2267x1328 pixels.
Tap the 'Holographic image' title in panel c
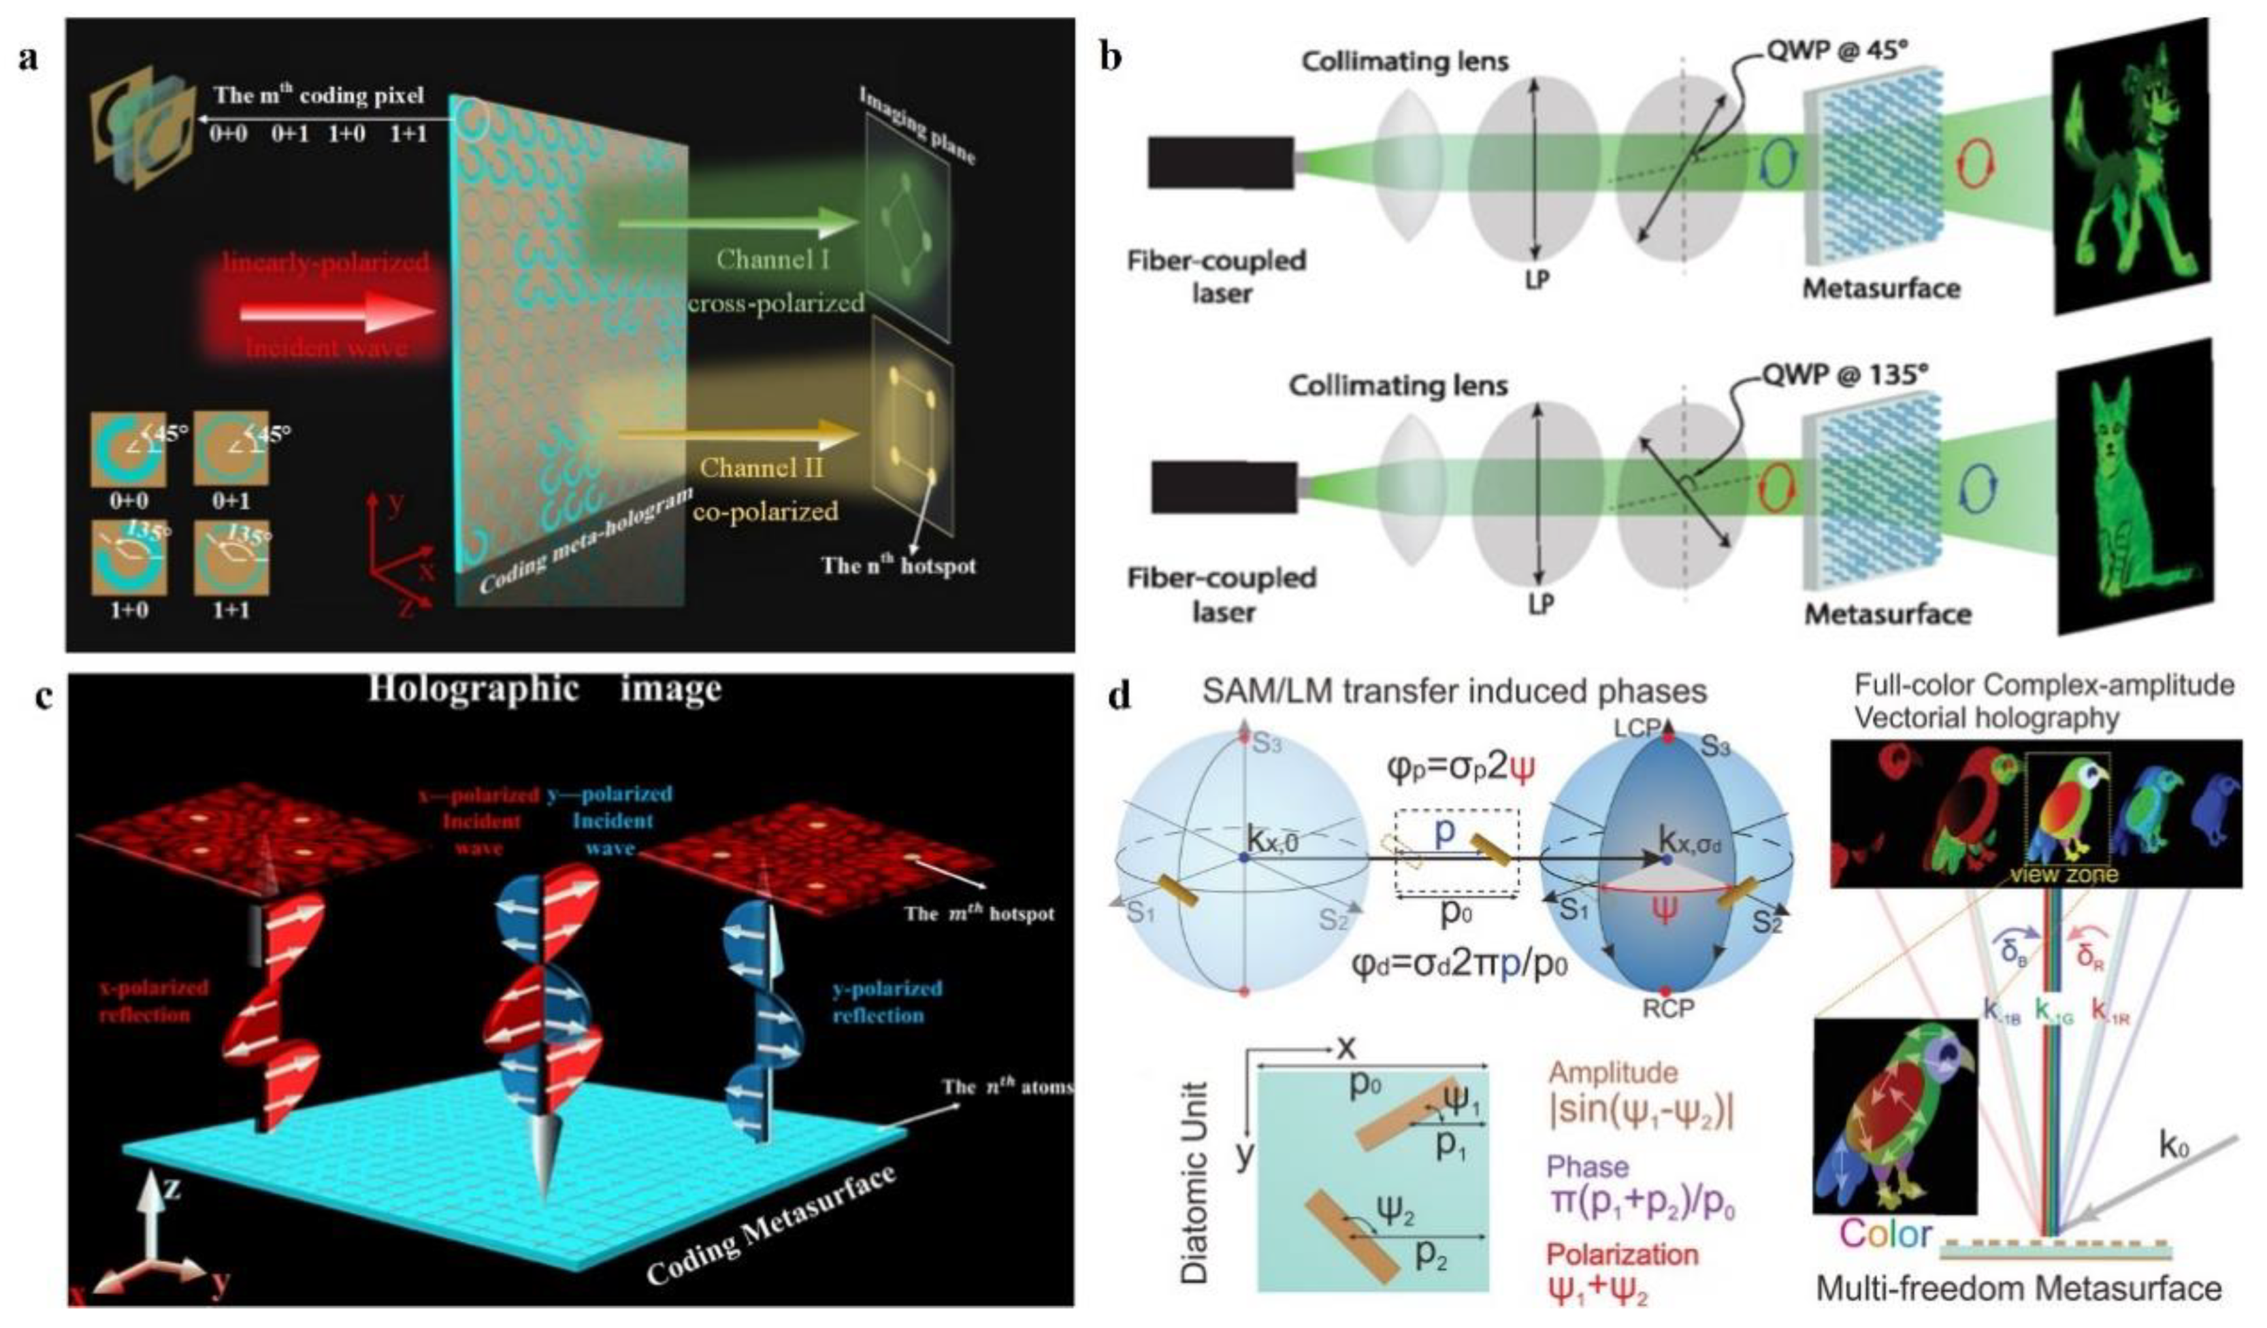tap(544, 691)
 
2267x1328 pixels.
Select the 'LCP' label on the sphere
tap(1636, 727)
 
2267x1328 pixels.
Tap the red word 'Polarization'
tap(1622, 1255)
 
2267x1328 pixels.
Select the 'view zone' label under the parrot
tap(2069, 874)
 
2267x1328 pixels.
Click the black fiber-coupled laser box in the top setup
tap(1221, 164)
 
